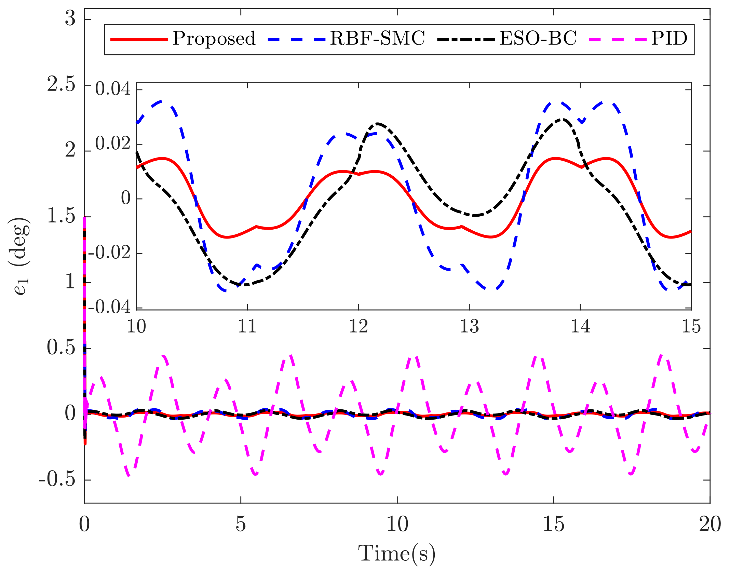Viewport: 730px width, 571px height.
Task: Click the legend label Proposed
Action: coord(214,38)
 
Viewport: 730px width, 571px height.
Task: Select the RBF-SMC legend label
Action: coord(377,38)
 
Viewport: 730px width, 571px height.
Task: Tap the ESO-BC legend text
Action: coord(538,38)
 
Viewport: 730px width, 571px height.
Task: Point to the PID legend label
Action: coord(669,38)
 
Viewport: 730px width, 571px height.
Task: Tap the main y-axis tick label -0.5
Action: coord(57,479)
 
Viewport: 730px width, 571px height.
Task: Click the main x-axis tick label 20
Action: coord(710,524)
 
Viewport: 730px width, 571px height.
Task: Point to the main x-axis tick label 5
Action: coord(241,524)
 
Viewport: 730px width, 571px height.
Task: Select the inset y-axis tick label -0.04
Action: coord(109,307)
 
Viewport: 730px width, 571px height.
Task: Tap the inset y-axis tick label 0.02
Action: coord(113,144)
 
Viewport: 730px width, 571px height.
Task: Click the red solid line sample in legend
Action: coord(139,40)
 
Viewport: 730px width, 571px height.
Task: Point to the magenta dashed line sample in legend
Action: coord(618,40)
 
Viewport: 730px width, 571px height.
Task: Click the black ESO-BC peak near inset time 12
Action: coord(378,123)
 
